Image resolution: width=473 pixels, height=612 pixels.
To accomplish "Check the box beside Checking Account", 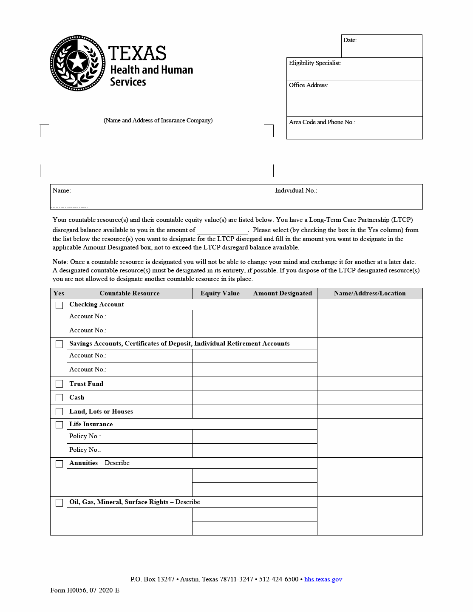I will coord(59,305).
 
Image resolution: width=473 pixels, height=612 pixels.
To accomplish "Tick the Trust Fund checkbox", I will coord(59,384).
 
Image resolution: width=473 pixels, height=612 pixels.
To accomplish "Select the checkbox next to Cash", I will coord(59,398).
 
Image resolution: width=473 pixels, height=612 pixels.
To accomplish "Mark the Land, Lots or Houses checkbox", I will coord(59,412).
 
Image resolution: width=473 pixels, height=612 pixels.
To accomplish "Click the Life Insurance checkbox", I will coord(59,425).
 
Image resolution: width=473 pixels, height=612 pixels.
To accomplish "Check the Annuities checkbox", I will coord(59,464).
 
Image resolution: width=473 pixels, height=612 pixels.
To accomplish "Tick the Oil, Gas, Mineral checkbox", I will coord(59,503).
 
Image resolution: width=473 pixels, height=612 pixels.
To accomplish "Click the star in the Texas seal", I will coord(77,62).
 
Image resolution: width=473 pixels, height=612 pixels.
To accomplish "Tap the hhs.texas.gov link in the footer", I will coord(323,579).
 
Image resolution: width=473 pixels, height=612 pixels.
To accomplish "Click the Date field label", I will coord(350,40).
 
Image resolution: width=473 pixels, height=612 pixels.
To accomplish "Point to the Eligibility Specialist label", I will coord(315,63).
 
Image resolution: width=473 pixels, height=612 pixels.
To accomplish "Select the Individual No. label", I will coord(296,190).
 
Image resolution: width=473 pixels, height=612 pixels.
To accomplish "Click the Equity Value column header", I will coord(220,293).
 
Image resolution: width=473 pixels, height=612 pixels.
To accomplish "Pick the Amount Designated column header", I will coord(282,293).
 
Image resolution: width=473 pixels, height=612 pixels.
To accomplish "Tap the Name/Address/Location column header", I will coord(370,293).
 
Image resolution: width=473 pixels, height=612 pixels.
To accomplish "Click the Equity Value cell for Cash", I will coord(220,398).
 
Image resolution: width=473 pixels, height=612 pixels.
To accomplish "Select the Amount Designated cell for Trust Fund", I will coord(282,384).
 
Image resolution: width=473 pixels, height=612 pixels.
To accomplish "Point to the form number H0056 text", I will coord(85,590).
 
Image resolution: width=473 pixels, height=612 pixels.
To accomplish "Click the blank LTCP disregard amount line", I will coord(222,231).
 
